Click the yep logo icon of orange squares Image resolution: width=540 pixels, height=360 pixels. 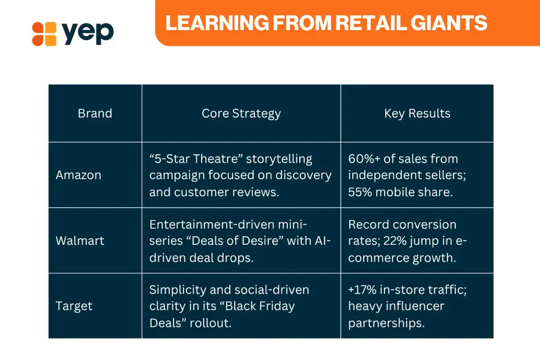[x=44, y=34]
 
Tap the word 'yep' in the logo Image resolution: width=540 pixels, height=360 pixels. [x=88, y=33]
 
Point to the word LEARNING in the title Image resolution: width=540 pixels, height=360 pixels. [x=217, y=23]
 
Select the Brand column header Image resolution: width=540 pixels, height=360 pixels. [x=95, y=113]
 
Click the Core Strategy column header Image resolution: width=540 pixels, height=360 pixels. [x=241, y=113]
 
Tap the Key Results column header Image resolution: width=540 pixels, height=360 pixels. [x=417, y=113]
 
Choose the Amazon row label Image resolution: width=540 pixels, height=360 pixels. [x=79, y=175]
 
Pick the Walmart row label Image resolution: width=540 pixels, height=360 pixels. [x=80, y=241]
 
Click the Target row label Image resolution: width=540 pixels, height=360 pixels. [x=74, y=306]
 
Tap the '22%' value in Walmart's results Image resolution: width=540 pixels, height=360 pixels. [x=395, y=241]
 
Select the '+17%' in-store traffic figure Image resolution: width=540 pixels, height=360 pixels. [x=362, y=290]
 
